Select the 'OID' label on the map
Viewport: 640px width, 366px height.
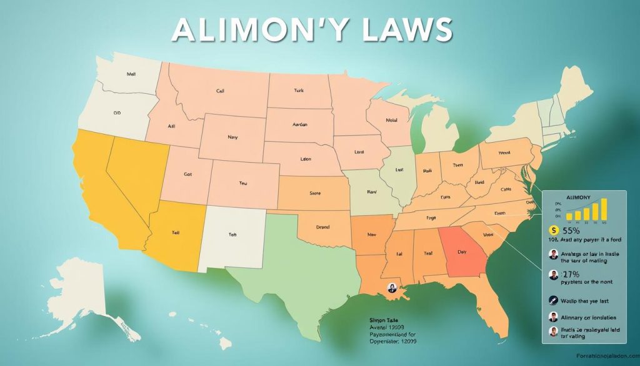(116, 113)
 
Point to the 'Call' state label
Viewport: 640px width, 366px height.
(220, 91)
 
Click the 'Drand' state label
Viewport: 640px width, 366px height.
(322, 227)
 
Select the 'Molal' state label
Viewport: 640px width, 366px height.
(391, 120)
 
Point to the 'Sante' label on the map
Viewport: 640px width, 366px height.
(315, 193)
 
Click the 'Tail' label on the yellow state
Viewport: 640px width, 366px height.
(176, 232)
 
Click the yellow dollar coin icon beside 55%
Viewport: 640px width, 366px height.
(552, 231)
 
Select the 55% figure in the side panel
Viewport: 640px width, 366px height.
(571, 231)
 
